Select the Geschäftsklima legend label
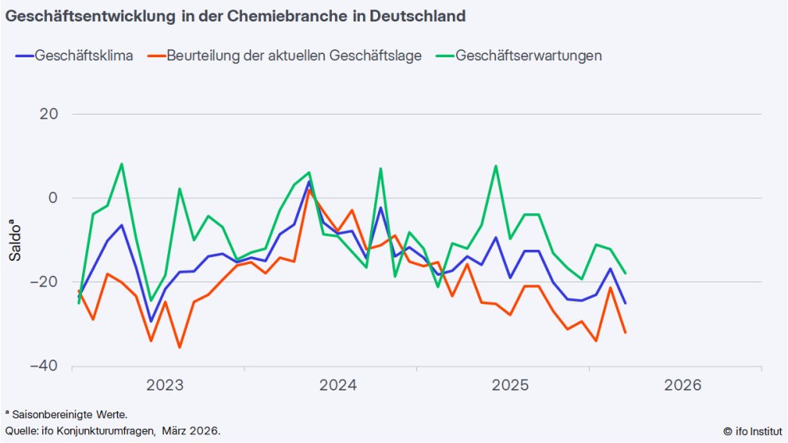pos(84,56)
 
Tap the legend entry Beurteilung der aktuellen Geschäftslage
pos(294,56)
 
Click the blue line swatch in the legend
pos(24,56)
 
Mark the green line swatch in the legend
pos(443,56)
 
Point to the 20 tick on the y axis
pos(49,114)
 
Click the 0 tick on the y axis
pos(54,198)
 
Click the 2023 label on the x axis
pos(166,386)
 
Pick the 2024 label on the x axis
pos(338,386)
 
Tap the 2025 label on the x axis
pos(510,386)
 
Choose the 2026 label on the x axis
pos(682,386)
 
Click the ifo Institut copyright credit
pos(752,431)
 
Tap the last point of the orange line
pos(625,332)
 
